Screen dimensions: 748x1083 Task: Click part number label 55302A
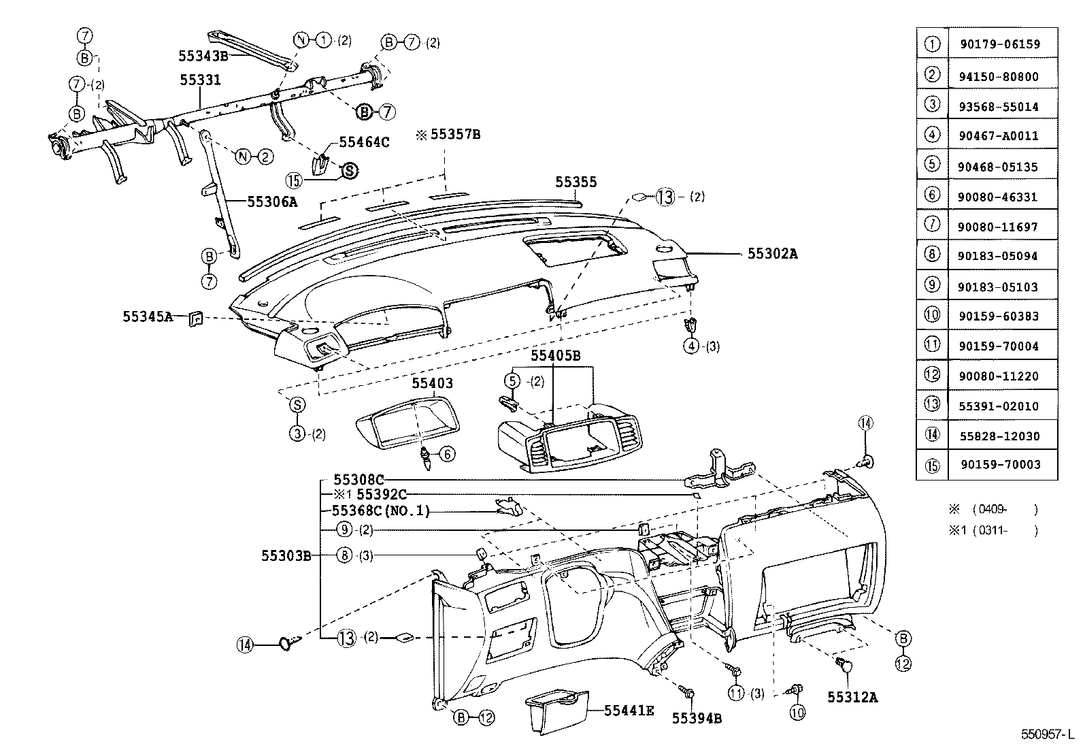(x=772, y=254)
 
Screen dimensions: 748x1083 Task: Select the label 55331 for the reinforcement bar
(x=200, y=80)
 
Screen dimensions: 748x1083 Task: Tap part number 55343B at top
(x=203, y=56)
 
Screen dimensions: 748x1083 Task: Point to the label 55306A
(x=272, y=201)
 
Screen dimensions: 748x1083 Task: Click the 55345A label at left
(x=148, y=316)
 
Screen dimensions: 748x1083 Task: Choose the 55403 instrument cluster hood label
(x=432, y=384)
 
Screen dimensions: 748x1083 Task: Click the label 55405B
(x=555, y=355)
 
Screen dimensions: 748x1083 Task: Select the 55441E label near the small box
(x=629, y=711)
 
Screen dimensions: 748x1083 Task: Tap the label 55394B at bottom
(x=697, y=717)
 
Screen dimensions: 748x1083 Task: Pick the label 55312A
(x=852, y=697)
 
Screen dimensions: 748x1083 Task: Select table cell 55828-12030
(x=1000, y=436)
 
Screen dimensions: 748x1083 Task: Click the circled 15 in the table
(x=932, y=466)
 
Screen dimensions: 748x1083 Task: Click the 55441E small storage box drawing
(x=556, y=712)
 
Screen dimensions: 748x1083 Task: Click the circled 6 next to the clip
(x=446, y=454)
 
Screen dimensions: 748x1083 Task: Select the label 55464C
(x=364, y=142)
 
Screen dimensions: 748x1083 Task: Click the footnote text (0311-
(x=993, y=531)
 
